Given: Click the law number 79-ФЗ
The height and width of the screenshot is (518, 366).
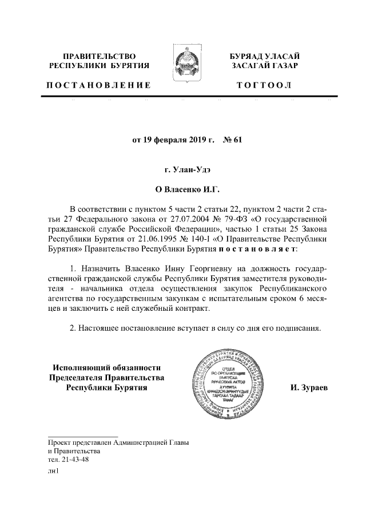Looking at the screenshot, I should click(246, 218).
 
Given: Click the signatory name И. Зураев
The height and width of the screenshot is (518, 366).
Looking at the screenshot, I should click(309, 389).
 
